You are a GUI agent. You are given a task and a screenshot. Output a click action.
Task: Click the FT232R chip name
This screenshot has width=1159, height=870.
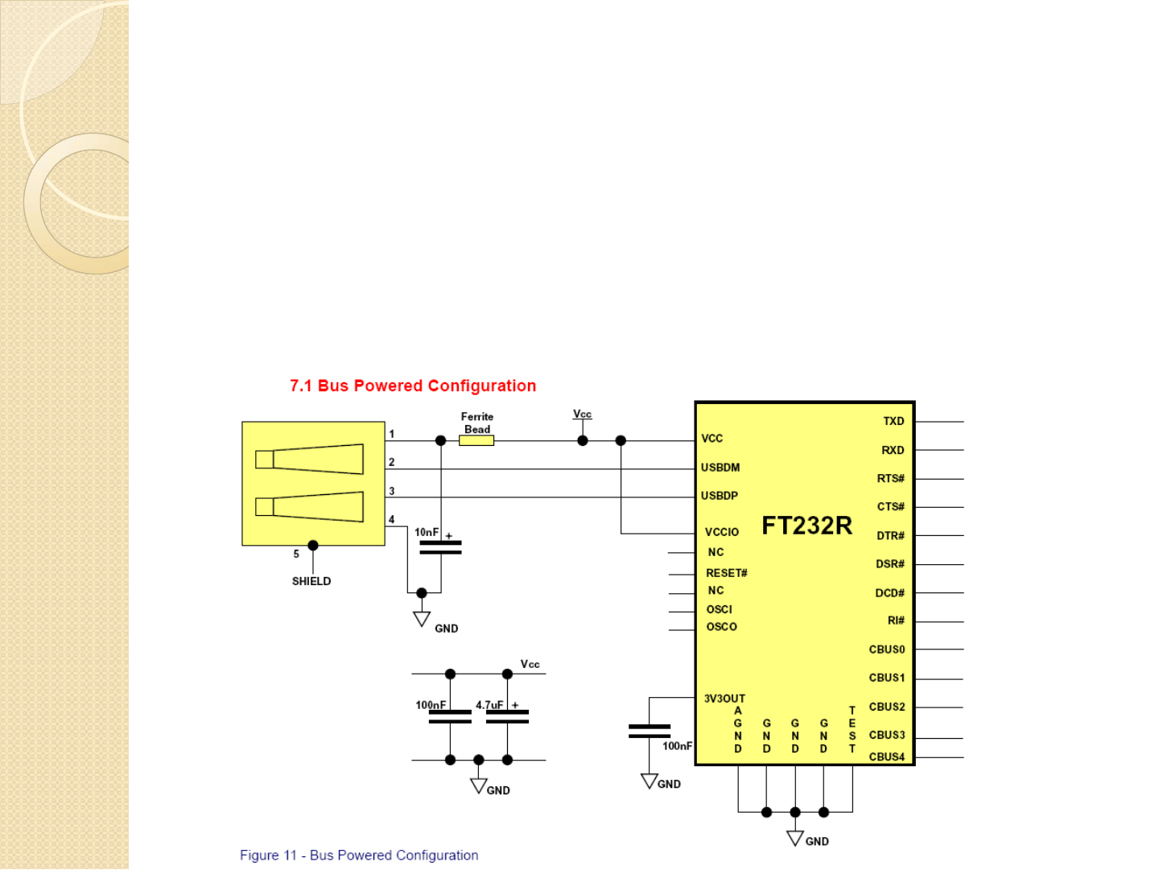pos(806,526)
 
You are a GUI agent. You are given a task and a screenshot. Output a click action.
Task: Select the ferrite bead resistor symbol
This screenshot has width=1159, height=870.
pos(476,440)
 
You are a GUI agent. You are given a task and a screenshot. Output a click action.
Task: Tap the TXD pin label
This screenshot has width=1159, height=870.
pos(893,421)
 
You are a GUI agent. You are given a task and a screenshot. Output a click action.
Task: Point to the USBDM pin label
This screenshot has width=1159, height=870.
pos(720,468)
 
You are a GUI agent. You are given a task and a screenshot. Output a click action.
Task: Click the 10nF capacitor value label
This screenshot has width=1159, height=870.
pos(427,532)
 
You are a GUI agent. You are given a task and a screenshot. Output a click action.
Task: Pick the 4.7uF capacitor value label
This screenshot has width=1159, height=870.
pos(489,705)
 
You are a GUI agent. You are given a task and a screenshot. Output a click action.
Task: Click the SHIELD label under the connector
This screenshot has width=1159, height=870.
pos(311,581)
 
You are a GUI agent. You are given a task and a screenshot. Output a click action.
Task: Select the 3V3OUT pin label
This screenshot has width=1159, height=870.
pos(724,699)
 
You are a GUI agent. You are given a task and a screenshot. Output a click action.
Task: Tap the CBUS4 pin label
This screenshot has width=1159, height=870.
pos(887,757)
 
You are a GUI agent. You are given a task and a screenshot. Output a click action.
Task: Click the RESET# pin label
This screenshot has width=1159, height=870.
pos(727,573)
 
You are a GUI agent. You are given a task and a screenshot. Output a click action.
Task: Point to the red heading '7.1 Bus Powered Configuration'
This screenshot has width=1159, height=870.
pos(413,386)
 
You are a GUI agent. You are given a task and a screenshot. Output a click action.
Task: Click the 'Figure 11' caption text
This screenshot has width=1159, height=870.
pos(359,856)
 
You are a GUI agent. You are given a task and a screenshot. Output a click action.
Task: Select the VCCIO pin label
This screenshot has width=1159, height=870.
pos(722,532)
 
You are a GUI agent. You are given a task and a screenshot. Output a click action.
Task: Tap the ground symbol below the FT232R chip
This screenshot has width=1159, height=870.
pos(795,839)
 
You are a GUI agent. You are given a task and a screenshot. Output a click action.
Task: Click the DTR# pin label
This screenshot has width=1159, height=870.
pos(890,535)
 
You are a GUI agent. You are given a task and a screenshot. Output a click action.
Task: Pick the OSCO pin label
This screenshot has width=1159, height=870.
pos(722,627)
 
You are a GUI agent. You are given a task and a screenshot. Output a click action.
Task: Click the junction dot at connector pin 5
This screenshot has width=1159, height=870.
pos(313,546)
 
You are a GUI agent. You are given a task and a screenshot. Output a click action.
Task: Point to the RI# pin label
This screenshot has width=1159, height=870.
pos(896,621)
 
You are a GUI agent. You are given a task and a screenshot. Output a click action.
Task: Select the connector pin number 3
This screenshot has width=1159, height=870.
pos(392,491)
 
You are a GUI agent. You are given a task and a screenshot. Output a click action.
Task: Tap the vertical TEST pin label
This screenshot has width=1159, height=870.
pos(852,729)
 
